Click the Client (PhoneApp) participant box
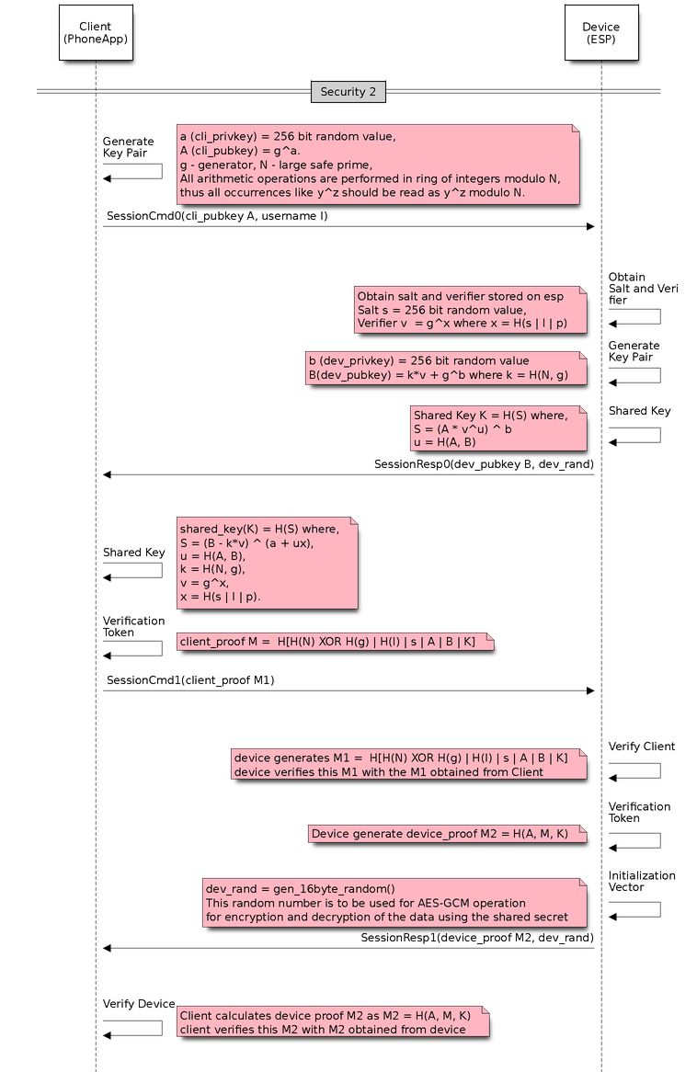(x=96, y=33)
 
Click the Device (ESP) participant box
(x=601, y=33)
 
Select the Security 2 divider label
(x=348, y=92)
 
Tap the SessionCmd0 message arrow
(x=348, y=226)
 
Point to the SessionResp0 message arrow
(x=348, y=474)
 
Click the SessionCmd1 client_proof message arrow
(x=348, y=690)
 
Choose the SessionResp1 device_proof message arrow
(x=348, y=947)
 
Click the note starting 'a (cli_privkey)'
(x=378, y=164)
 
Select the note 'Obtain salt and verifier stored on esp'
(x=470, y=309)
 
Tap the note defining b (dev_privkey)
(x=445, y=367)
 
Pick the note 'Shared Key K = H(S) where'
(x=498, y=428)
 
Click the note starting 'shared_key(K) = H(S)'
(x=266, y=562)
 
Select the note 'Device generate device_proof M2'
(x=447, y=834)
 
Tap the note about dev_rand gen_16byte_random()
(x=394, y=902)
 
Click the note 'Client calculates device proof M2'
(x=332, y=1021)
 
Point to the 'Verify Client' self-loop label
(x=642, y=747)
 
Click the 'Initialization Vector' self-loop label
(x=642, y=882)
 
